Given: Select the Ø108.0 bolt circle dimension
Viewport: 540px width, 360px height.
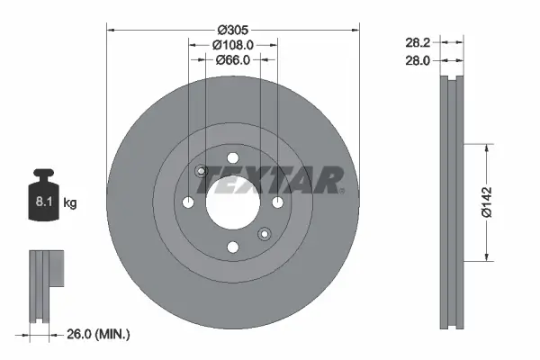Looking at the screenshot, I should coord(233,44).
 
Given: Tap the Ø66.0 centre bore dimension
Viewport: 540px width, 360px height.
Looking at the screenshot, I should coord(233,59).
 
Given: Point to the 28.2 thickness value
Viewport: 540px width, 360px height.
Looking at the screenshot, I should coord(415,41).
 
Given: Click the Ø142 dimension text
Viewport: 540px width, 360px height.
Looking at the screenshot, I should coord(487,202).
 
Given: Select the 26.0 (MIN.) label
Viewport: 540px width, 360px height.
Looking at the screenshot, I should coord(99,334).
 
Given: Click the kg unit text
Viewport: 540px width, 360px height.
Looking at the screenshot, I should coord(70,203).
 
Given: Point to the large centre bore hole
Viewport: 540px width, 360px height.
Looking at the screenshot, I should coord(233,202).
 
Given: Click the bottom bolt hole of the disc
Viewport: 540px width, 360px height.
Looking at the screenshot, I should coord(233,247).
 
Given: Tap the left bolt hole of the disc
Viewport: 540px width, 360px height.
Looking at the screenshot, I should coord(188,202).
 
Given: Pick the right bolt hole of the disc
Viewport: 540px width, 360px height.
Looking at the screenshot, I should coord(278,202).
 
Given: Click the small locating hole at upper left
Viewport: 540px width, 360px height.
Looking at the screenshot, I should coord(202,171).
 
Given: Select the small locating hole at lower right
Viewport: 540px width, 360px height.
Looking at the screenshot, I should coord(265,234).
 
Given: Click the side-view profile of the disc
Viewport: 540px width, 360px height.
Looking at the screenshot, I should coord(452,202).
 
